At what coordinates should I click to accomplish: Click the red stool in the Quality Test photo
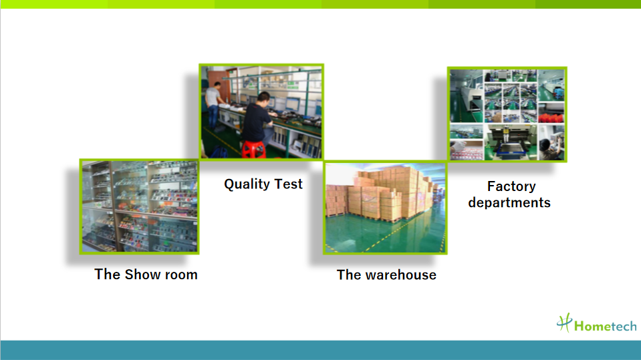point(253,149)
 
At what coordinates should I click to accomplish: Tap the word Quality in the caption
point(247,184)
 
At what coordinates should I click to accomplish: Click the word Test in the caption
point(288,184)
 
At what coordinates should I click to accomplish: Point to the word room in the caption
point(181,275)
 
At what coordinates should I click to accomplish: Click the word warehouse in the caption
point(400,275)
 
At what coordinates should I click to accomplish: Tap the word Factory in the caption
point(511,187)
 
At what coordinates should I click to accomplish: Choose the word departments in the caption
point(509,202)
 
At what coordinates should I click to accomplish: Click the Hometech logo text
point(606,326)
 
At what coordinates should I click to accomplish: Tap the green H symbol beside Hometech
point(565,323)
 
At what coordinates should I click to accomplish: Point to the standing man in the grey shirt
point(213,106)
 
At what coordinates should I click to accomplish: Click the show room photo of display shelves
point(140,206)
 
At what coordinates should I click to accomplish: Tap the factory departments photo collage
point(507,114)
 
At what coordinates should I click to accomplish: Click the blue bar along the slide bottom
point(321,350)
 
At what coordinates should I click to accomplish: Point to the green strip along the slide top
point(321,4)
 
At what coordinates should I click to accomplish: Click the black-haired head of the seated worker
point(263,99)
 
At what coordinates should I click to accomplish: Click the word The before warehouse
point(349,275)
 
